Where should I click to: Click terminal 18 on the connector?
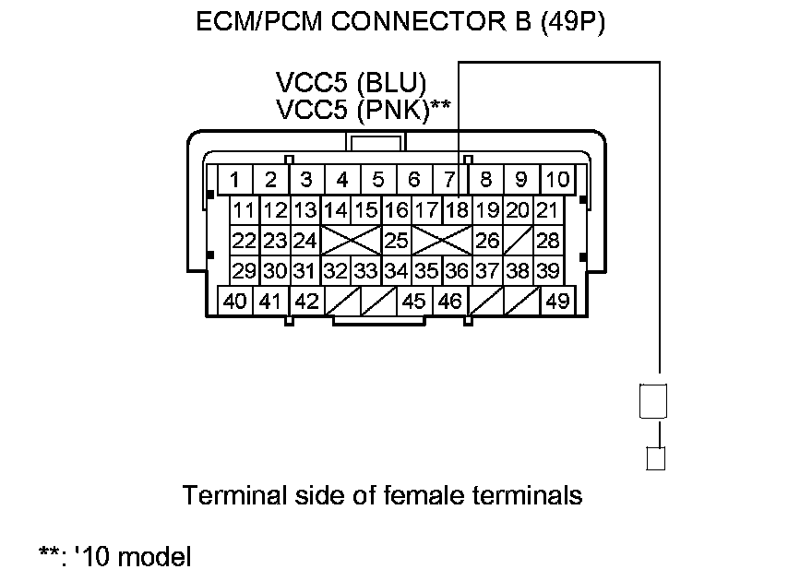pyautogui.click(x=457, y=209)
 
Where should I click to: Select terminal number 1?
pyautogui.click(x=236, y=178)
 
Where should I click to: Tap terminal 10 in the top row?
pyautogui.click(x=557, y=178)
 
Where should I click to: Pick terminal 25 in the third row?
pyautogui.click(x=396, y=241)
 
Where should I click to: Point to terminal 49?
pyautogui.click(x=557, y=301)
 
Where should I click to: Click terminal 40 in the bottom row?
pyautogui.click(x=235, y=301)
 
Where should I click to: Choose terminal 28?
pyautogui.click(x=548, y=241)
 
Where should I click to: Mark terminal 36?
pyautogui.click(x=457, y=271)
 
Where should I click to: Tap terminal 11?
pyautogui.click(x=244, y=209)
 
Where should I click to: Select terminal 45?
pyautogui.click(x=414, y=301)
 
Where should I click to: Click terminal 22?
pyautogui.click(x=244, y=241)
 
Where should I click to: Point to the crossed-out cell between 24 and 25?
pyautogui.click(x=351, y=241)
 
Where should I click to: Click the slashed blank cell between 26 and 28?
pyautogui.click(x=518, y=241)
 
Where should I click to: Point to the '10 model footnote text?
pyautogui.click(x=128, y=557)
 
